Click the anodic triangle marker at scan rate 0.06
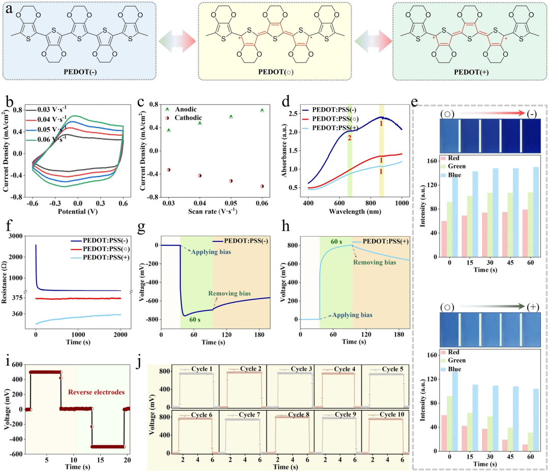click(x=262, y=110)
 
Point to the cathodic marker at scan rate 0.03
click(x=169, y=170)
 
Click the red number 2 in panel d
click(x=349, y=138)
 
